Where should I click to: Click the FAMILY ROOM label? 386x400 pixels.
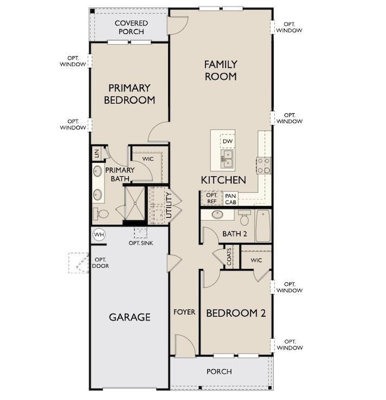pos(221,70)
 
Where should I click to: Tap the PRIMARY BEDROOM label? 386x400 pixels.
pos(129,93)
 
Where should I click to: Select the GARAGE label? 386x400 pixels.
pos(129,317)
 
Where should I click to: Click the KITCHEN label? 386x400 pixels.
pos(223,180)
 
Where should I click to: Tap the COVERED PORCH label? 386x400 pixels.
pos(131,27)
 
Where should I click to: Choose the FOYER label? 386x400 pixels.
pos(184,312)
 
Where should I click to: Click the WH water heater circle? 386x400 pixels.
pos(99,235)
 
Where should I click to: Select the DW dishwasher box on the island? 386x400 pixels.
pos(227,142)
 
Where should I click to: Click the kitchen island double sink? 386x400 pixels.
pos(227,157)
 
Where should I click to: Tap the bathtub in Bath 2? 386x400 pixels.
pos(263,226)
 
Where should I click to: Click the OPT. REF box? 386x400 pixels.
pos(211,198)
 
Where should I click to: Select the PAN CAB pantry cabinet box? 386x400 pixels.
pos(230,198)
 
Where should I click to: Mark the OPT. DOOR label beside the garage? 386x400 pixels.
pos(100,262)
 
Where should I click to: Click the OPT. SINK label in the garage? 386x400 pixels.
pos(142,243)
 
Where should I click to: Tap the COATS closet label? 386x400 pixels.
pos(230,257)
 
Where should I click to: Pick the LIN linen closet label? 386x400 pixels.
pos(96,154)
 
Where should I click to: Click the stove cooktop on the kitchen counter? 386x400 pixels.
pos(263,164)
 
